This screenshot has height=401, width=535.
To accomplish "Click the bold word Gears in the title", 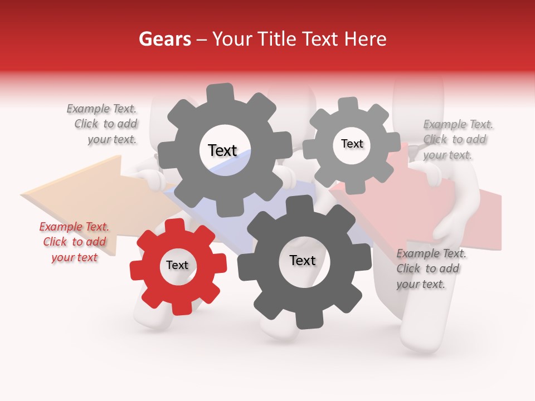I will pyautogui.click(x=164, y=39).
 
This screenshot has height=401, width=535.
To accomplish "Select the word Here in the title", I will pyautogui.click(x=366, y=39).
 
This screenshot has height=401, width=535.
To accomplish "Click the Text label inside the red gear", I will pyautogui.click(x=177, y=265).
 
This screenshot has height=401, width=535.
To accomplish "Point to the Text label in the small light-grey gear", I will pyautogui.click(x=352, y=144).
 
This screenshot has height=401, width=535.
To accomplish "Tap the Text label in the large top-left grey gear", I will pyautogui.click(x=222, y=150).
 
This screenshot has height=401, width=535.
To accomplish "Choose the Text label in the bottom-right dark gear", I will pyautogui.click(x=302, y=260).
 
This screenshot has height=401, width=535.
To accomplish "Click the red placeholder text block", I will pyautogui.click(x=74, y=242).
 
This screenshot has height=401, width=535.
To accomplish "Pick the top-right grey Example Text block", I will pyautogui.click(x=457, y=139).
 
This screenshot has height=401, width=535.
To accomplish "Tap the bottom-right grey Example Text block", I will pyautogui.click(x=430, y=268).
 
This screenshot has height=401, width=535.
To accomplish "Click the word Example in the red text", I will pyautogui.click(x=58, y=227).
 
